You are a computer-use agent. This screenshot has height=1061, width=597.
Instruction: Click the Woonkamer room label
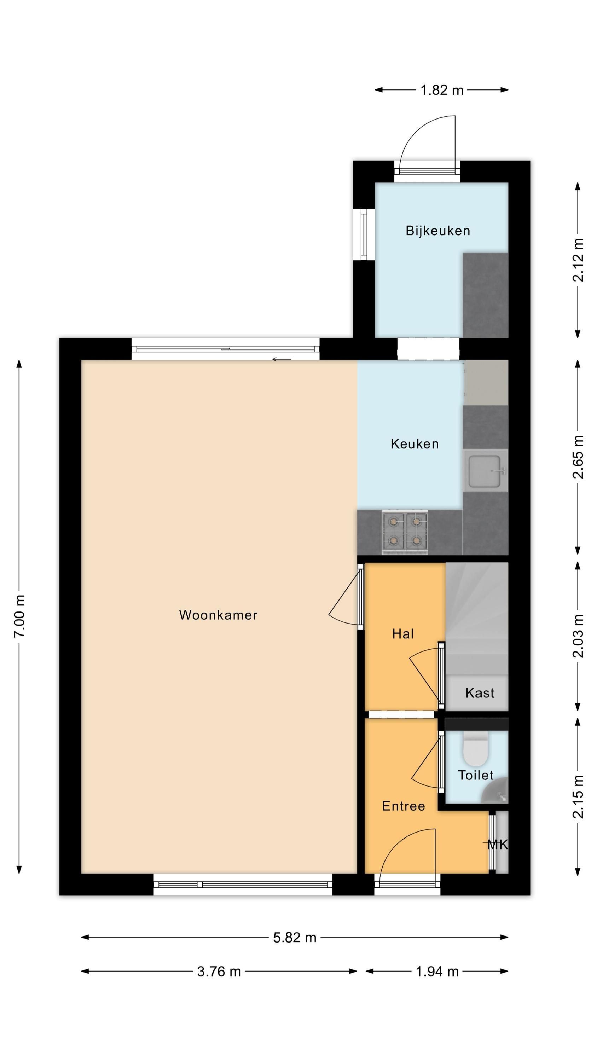coord(218,615)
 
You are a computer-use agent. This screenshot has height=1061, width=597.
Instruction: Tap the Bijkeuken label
coord(437,230)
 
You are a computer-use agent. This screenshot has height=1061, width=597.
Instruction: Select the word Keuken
coord(415,443)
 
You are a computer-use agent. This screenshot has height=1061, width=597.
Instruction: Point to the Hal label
coord(402,634)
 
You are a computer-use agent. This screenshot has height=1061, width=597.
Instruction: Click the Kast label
coord(480,693)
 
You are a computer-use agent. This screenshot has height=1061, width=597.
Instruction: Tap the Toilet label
coord(476,775)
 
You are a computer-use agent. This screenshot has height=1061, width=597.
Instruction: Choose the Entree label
coord(403,806)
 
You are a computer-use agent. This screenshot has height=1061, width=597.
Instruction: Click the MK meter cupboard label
coord(497,845)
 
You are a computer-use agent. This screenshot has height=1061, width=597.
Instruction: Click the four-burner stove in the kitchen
coord(405,532)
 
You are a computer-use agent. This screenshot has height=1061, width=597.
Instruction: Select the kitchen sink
coord(485,470)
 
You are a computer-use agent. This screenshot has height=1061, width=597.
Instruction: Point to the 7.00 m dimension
coord(19,616)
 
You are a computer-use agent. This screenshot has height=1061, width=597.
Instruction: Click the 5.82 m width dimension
coord(295,938)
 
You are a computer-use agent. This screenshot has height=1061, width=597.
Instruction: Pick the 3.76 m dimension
coord(219,972)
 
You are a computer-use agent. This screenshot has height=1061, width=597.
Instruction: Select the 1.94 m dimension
coord(437,972)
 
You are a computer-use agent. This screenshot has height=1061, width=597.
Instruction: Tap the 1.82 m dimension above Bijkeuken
coord(442,90)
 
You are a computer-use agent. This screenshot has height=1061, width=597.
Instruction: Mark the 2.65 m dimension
coord(578,457)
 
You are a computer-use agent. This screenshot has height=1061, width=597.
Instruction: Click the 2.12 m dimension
coord(578,260)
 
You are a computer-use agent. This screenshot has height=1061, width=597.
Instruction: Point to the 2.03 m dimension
coord(578,636)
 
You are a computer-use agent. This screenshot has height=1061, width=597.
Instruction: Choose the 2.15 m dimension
coord(578,796)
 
